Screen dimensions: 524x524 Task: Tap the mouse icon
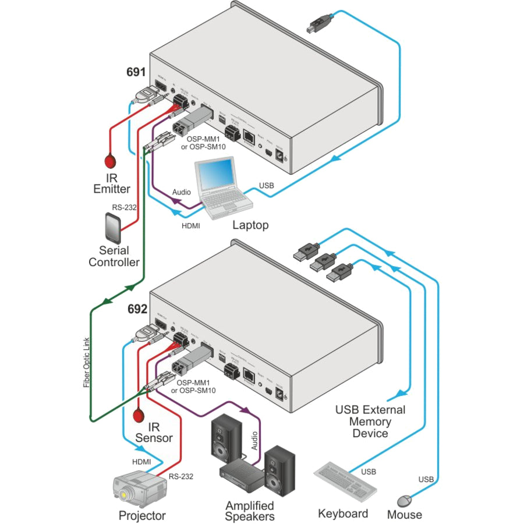(x=404, y=500)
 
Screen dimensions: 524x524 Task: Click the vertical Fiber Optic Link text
(x=87, y=360)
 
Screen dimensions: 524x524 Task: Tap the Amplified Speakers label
(x=250, y=511)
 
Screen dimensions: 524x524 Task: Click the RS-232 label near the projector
(x=181, y=476)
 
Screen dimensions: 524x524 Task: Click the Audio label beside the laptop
(x=181, y=192)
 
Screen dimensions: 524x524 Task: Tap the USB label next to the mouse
(x=426, y=479)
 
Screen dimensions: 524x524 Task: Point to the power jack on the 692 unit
(x=284, y=395)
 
